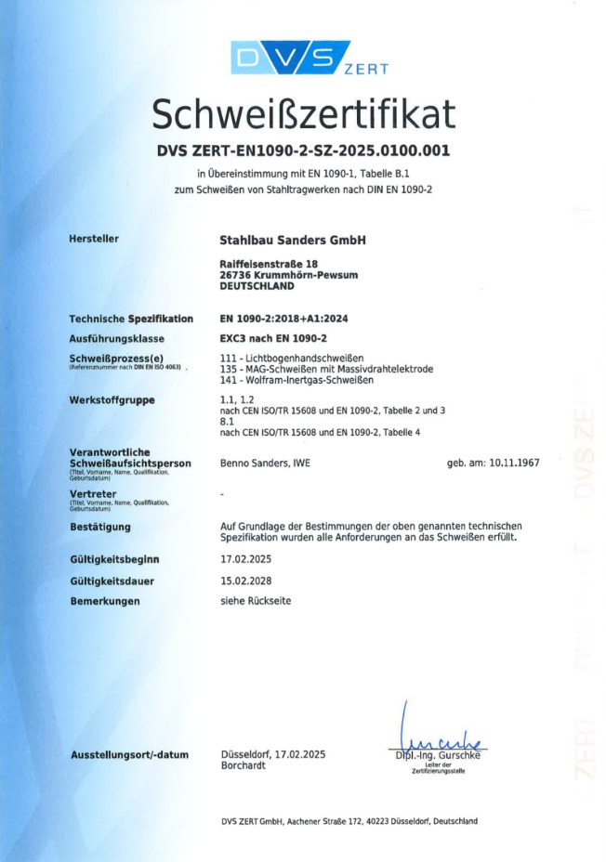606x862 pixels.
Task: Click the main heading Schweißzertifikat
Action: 303,114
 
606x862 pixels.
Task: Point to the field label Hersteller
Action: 94,239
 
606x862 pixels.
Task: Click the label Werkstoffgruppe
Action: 112,400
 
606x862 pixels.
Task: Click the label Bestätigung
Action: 100,527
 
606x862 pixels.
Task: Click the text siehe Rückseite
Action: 255,601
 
